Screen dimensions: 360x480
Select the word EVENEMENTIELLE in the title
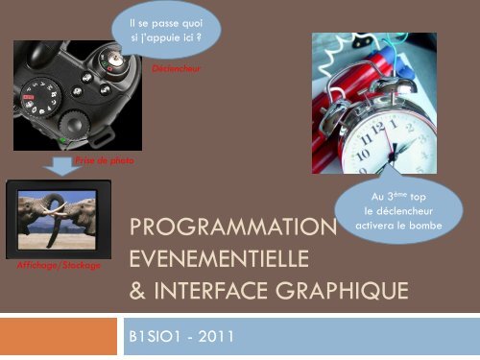point(218,259)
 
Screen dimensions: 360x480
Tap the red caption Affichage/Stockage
point(60,264)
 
